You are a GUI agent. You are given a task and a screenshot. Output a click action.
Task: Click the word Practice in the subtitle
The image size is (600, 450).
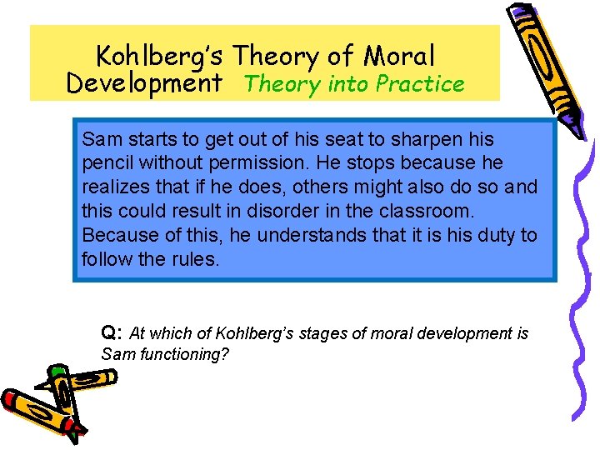pyautogui.click(x=420, y=84)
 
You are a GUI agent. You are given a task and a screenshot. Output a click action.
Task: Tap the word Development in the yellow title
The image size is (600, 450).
pyautogui.click(x=144, y=83)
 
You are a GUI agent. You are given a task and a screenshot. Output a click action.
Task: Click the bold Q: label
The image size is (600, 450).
pyautogui.click(x=112, y=333)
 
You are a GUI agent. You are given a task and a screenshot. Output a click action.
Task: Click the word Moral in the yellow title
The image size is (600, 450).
pyautogui.click(x=399, y=56)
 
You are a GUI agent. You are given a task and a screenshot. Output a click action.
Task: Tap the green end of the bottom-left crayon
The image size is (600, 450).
pyautogui.click(x=57, y=372)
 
